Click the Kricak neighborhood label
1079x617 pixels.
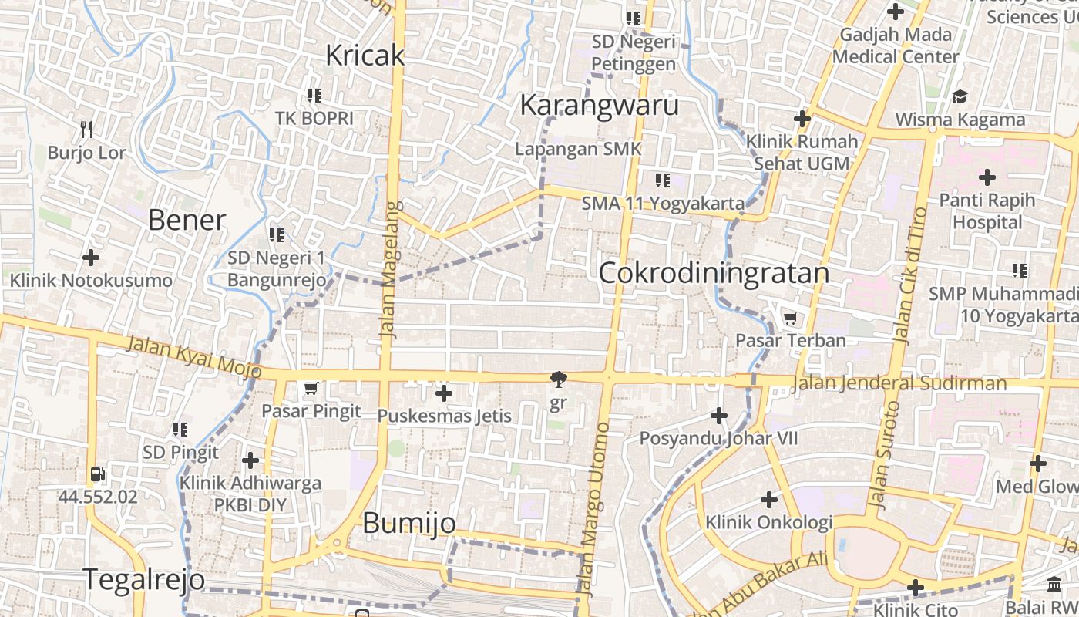pos(365,56)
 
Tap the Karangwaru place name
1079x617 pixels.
pos(599,105)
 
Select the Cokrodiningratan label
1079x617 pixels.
pos(713,273)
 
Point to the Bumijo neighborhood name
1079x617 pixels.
pos(409,524)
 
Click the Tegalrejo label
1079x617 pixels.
pos(144,579)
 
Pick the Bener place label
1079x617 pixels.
pos(187,221)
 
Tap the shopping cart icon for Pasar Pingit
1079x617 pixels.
pos(311,388)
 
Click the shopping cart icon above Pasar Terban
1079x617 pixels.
pos(790,318)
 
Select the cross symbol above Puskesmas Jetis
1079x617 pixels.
pos(443,393)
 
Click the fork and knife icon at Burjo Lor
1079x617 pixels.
pos(86,129)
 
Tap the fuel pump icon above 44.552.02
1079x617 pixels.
pos(97,474)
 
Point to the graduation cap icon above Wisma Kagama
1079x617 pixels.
pos(960,97)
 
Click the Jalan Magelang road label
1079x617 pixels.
pos(391,269)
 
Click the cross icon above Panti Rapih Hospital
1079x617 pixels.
pos(987,177)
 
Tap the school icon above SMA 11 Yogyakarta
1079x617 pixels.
pos(662,180)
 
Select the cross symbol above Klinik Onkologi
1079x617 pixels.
pos(768,500)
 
